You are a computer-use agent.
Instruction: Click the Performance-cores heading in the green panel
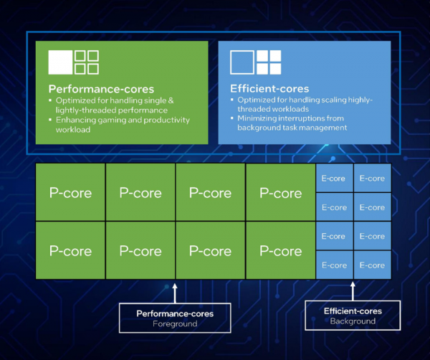[x=101, y=89]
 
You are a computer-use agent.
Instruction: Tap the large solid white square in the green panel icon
[x=60, y=62]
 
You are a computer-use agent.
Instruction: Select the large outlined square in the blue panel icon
[x=242, y=62]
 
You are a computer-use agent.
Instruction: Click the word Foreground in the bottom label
[x=175, y=323]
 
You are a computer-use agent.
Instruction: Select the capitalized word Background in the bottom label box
[x=353, y=321]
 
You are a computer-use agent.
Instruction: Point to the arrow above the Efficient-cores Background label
[x=353, y=290]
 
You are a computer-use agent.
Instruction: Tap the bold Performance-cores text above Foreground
[x=175, y=313]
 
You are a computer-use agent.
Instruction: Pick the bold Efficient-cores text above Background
[x=353, y=311]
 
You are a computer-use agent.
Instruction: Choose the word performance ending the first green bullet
[x=143, y=111]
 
